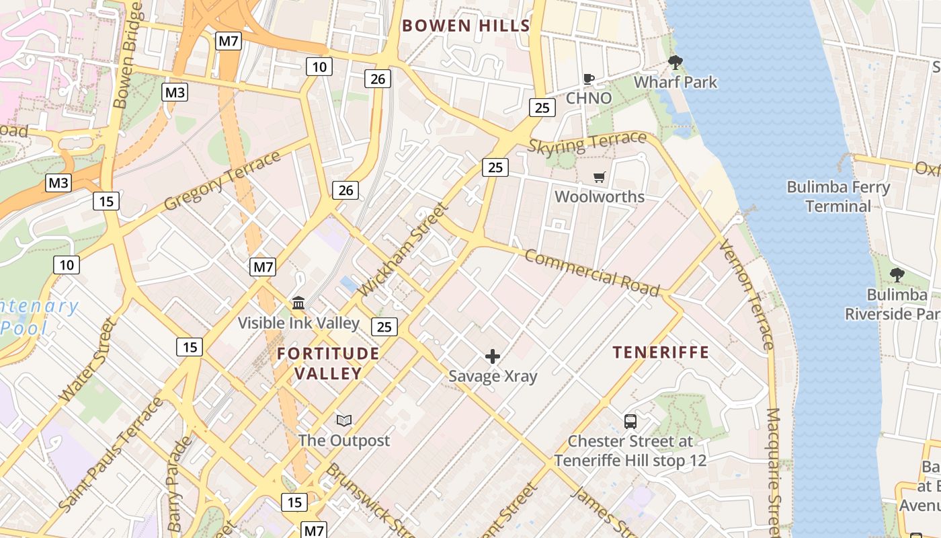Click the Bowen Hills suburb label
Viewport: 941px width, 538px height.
coord(466,26)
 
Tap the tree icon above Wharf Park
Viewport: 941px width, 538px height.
coord(676,63)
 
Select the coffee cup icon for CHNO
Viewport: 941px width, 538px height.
coord(589,79)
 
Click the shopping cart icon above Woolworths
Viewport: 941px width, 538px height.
coord(599,178)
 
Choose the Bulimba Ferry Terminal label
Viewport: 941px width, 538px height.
coord(838,196)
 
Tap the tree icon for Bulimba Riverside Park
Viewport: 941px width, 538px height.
coord(897,274)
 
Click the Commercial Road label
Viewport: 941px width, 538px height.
coord(591,272)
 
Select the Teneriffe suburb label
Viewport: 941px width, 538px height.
coord(661,352)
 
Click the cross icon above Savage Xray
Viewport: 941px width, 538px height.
coord(493,356)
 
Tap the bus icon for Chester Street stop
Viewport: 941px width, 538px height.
coord(630,422)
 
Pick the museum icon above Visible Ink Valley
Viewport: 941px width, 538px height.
coord(298,303)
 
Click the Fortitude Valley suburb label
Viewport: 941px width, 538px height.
coord(328,363)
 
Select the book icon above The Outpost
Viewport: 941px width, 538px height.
coord(344,421)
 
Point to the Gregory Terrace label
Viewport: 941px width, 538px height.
coord(222,180)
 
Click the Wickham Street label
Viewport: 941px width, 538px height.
coord(403,249)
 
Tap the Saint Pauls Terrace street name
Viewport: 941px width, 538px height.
coord(111,454)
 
